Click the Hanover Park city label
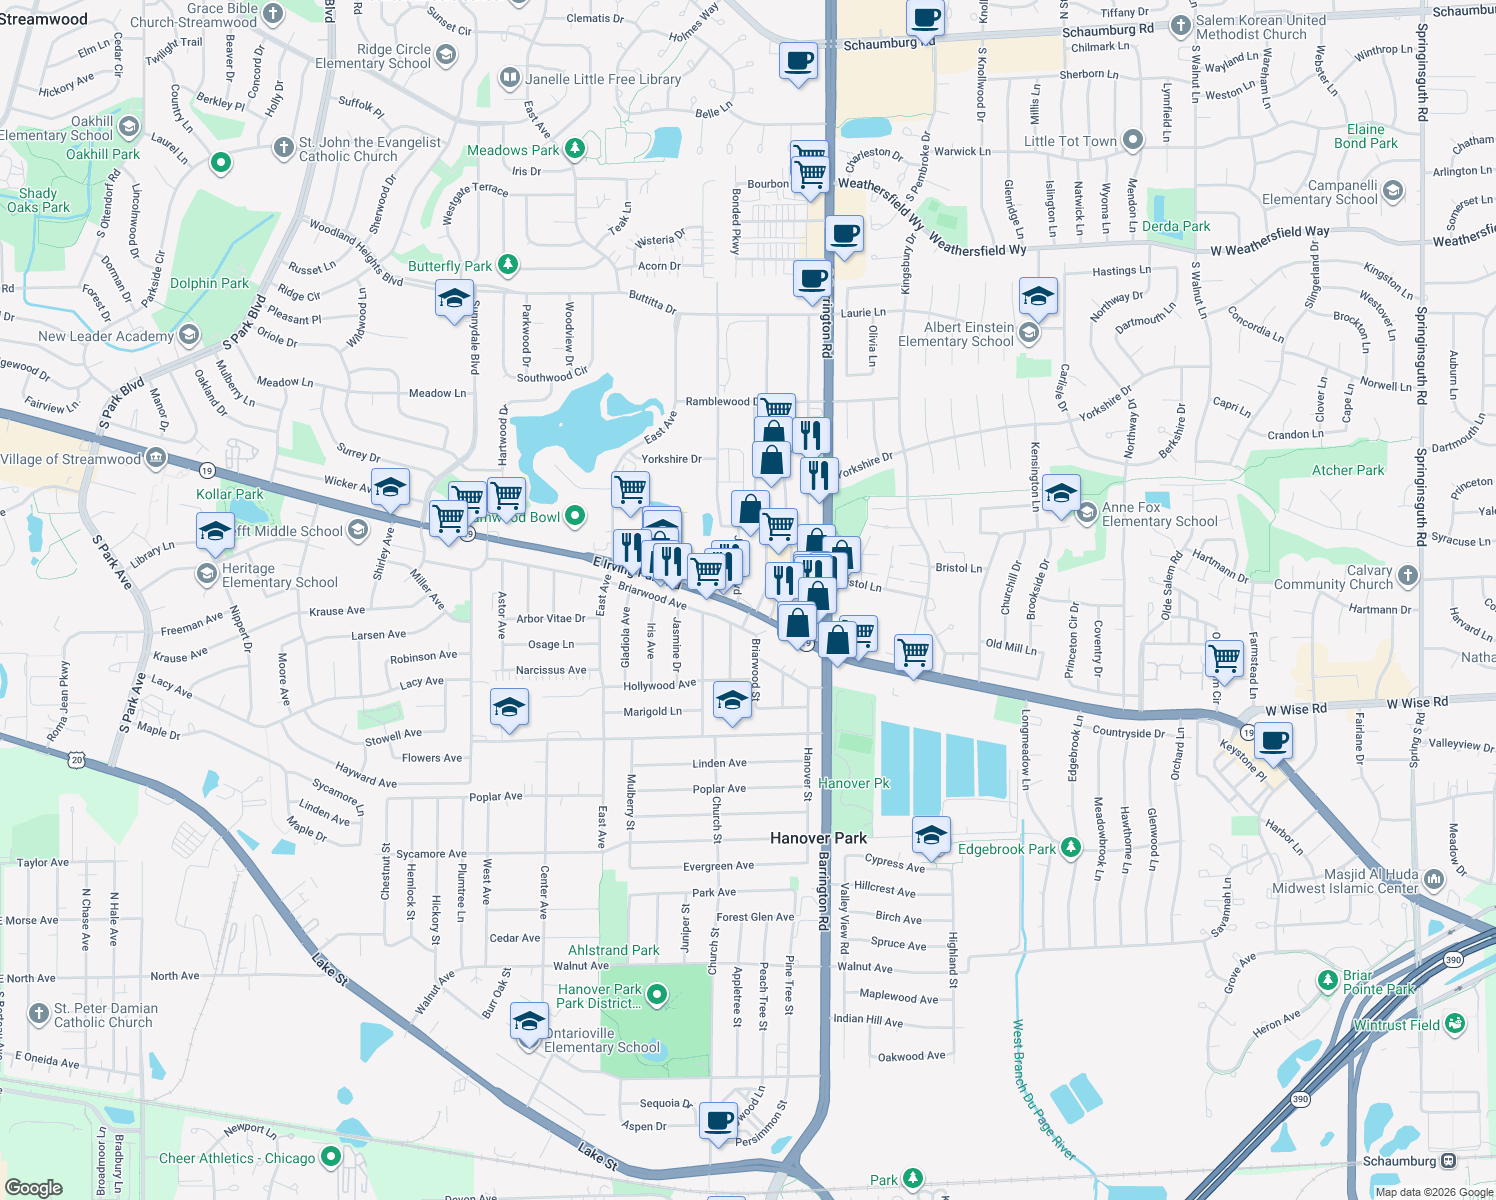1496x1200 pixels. tap(818, 838)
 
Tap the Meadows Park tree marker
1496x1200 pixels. tap(574, 150)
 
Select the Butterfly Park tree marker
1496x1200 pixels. tap(508, 265)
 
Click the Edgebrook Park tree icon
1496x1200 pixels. tap(1071, 848)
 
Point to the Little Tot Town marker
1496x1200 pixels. tap(1132, 141)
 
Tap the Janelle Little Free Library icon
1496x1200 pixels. tap(510, 78)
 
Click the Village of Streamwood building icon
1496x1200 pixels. tap(156, 459)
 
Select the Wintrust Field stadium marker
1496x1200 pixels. tap(1455, 1023)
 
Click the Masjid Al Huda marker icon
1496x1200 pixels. tap(1434, 879)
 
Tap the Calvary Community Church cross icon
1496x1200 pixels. tap(1408, 575)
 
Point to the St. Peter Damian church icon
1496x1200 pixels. tap(39, 1014)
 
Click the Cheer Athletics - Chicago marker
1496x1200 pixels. tap(330, 1157)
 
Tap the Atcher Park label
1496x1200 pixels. tap(1348, 470)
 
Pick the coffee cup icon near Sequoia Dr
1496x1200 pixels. tap(718, 1119)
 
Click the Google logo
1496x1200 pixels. tap(33, 1188)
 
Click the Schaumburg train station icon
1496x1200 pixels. tap(1448, 1161)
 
